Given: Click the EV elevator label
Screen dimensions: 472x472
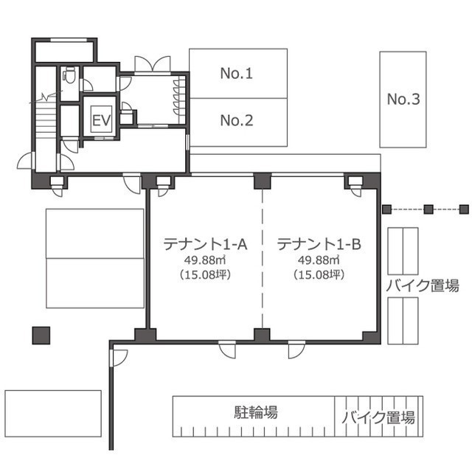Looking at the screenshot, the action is click(102, 120).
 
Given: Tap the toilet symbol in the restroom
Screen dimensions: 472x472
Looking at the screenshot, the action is click(70, 74).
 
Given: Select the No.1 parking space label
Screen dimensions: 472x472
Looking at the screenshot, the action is click(237, 74).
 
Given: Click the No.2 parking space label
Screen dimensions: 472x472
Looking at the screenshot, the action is click(237, 120).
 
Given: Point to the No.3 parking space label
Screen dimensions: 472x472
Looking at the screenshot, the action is click(403, 99).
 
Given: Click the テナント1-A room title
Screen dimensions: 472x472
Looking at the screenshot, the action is click(205, 244).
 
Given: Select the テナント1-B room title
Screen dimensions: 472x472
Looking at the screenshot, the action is click(319, 244).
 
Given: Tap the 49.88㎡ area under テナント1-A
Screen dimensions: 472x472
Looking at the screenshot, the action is click(205, 260).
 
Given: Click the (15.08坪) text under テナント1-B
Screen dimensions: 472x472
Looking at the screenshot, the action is click(319, 274).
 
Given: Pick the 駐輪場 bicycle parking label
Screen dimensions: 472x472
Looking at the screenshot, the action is click(256, 412).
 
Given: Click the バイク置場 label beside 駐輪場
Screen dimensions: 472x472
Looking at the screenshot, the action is click(378, 417).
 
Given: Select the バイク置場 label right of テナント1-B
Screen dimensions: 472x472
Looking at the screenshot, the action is click(423, 285).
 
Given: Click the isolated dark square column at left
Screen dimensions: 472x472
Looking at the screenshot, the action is click(41, 336).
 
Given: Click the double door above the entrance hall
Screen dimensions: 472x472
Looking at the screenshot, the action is click(153, 64).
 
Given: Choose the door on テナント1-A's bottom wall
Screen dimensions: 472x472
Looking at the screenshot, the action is click(227, 350).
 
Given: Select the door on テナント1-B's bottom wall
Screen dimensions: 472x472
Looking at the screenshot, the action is click(296, 350).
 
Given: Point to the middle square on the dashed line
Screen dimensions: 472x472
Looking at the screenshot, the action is click(428, 209).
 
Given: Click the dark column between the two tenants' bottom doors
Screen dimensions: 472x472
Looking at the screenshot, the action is click(262, 335).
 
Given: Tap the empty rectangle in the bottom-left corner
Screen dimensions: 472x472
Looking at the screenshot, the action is click(53, 414).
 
